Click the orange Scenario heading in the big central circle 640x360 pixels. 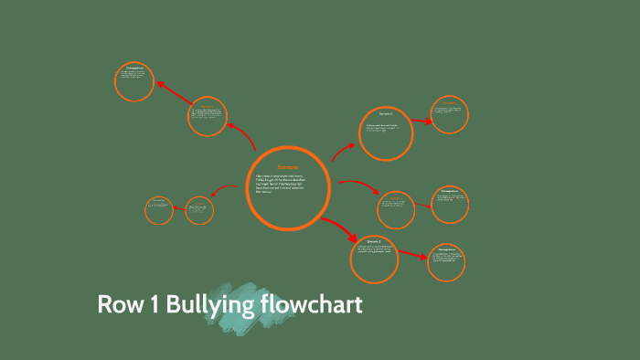(x=288, y=166)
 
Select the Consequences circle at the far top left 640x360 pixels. (x=134, y=81)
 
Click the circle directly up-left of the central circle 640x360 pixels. (x=208, y=117)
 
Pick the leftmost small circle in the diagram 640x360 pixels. (x=159, y=210)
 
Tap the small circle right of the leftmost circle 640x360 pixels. (x=199, y=211)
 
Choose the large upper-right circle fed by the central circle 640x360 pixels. (x=386, y=133)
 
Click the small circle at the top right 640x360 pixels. (x=450, y=114)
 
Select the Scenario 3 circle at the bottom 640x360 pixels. (x=374, y=258)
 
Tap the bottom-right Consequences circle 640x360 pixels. (x=446, y=262)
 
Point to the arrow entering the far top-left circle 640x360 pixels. (x=174, y=92)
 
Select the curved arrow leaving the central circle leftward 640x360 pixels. (x=223, y=190)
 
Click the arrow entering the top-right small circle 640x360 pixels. (x=421, y=121)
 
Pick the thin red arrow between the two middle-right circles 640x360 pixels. (x=421, y=206)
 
